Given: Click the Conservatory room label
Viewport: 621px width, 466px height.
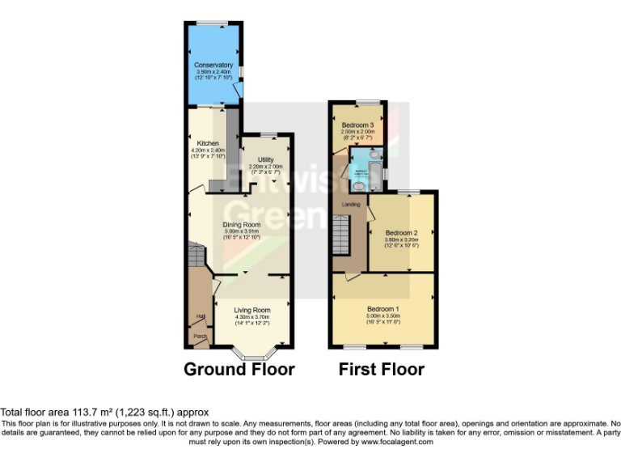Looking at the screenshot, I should click(x=213, y=65).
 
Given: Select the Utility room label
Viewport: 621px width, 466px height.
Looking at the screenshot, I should click(x=266, y=159).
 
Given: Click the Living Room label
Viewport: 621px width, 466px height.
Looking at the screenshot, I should click(x=252, y=310).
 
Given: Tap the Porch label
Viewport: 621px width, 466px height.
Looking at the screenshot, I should click(x=199, y=335).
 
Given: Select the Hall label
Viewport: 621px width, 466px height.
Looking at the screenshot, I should click(x=198, y=316).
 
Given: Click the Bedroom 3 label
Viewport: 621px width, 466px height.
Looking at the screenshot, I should click(x=357, y=125).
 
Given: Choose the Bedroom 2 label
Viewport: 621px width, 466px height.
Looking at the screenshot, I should click(x=401, y=233).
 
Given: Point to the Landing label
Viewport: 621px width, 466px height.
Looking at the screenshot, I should click(x=351, y=204).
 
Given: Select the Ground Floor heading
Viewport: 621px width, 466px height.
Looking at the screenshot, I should click(x=239, y=370).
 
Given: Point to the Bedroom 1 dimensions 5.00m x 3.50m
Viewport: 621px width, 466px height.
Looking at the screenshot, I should click(x=383, y=317).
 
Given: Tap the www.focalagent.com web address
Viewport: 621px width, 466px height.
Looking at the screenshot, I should click(x=397, y=443).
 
